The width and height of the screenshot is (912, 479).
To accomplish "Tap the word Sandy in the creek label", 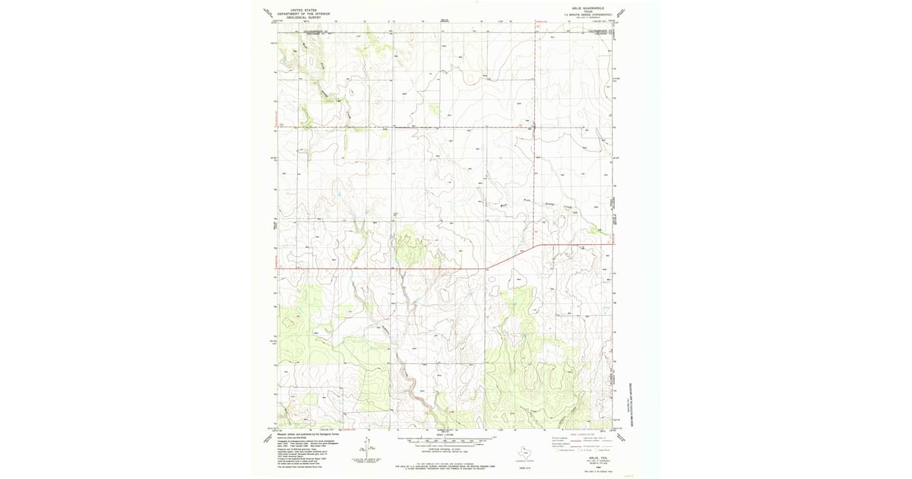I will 551,205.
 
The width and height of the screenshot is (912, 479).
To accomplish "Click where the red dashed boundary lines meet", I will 535,126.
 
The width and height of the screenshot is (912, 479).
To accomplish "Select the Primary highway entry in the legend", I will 558,439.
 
